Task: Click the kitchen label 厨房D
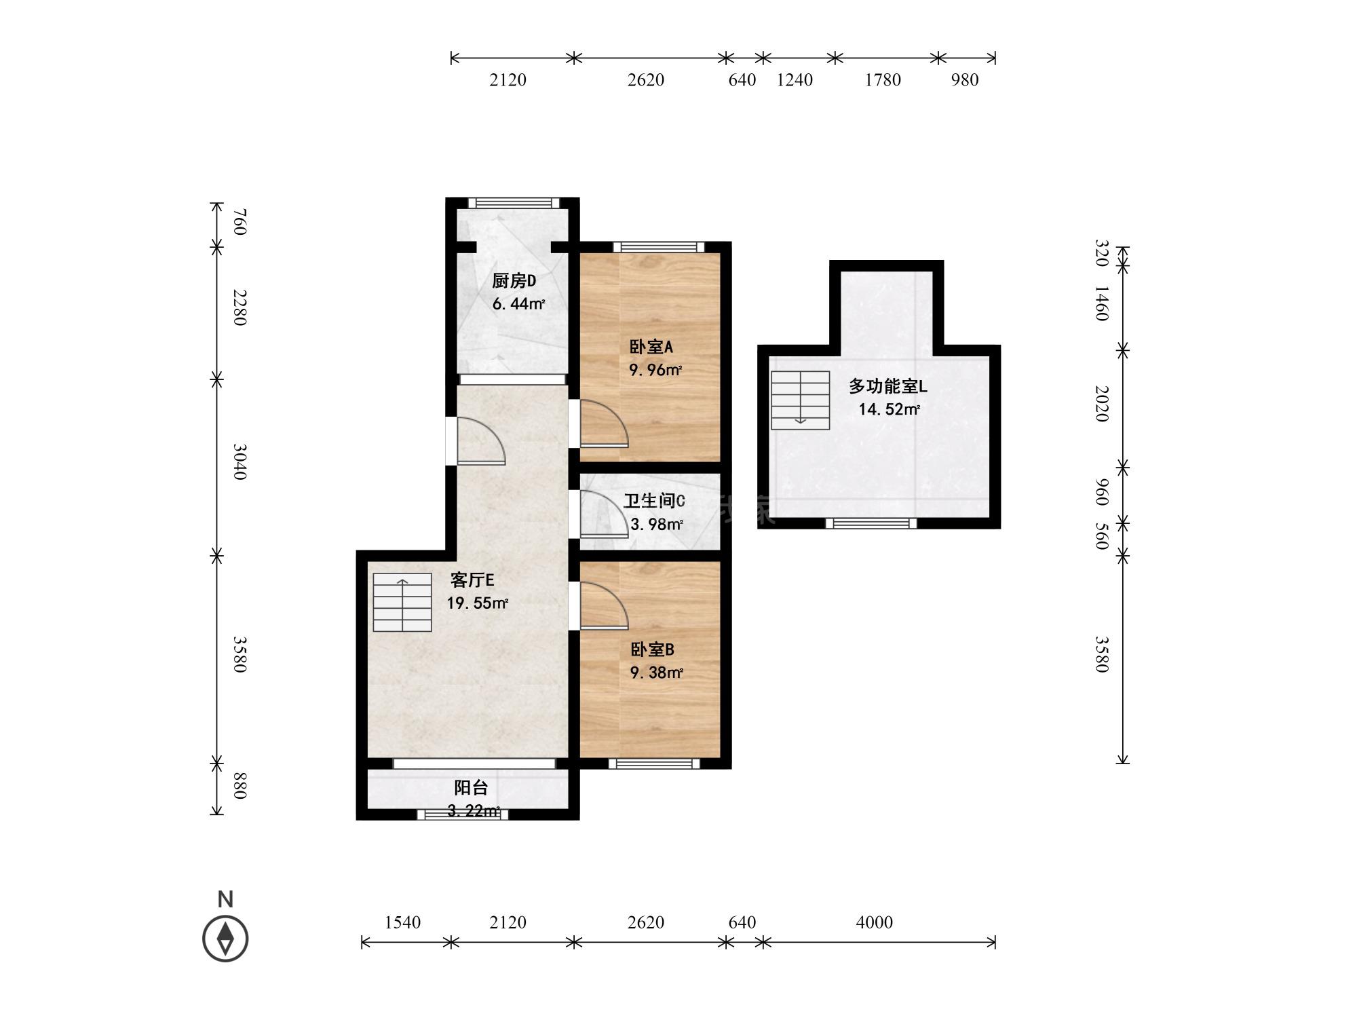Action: point(514,281)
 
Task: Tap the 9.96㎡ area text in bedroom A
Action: point(655,370)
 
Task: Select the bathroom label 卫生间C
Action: point(654,501)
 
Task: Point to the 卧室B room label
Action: point(652,649)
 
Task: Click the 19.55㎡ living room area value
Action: point(477,603)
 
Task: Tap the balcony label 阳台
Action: point(471,787)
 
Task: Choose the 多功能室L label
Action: point(887,386)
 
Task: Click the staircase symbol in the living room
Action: point(402,603)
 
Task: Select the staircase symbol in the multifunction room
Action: point(801,400)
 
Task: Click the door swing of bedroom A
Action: point(604,424)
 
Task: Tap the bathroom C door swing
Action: point(604,514)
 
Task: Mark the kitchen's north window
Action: point(514,202)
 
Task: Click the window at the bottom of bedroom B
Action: point(654,763)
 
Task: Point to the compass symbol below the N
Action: point(225,939)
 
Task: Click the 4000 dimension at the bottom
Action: point(874,922)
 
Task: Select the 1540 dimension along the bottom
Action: point(402,922)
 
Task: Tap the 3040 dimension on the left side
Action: point(239,461)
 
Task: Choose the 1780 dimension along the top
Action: point(883,80)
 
